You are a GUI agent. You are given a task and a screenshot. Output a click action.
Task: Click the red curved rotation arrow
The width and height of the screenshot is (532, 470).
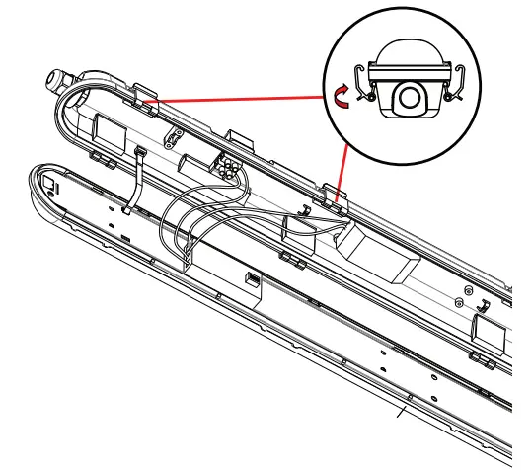click(x=339, y=94)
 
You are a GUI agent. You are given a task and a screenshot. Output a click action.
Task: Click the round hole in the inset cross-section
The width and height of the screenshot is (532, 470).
click(x=408, y=95)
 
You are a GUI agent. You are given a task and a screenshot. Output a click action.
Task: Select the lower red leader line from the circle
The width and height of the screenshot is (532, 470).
click(x=342, y=168)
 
